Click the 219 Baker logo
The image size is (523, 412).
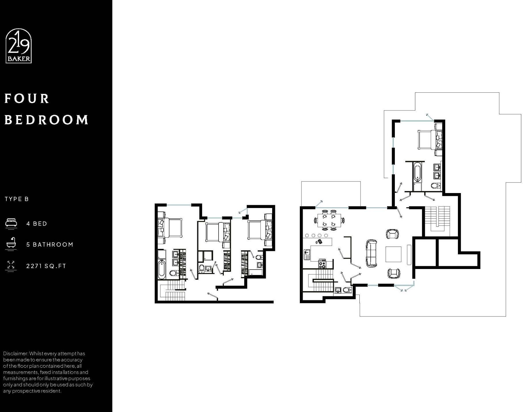(x=18, y=46)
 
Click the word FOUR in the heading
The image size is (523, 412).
(x=27, y=99)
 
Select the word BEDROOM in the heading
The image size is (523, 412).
(x=46, y=120)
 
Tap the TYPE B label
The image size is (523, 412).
(x=17, y=199)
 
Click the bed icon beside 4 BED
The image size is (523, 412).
(x=11, y=224)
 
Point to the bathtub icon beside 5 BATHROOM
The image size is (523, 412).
(x=11, y=244)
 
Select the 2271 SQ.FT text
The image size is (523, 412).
(x=46, y=266)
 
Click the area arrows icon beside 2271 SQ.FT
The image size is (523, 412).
(x=11, y=265)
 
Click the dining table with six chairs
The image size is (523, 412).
(x=329, y=220)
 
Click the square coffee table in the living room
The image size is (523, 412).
(x=393, y=254)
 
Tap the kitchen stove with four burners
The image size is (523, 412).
(x=322, y=264)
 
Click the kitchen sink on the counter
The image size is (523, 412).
(x=307, y=254)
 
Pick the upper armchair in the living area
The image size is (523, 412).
(x=392, y=234)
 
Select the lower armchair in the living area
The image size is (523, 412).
(x=393, y=273)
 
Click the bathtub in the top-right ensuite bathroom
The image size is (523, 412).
(x=417, y=172)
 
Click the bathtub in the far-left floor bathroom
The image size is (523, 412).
(x=162, y=270)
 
